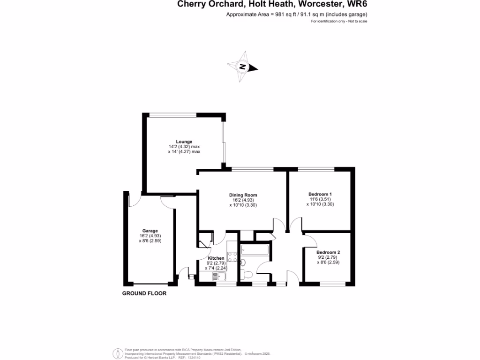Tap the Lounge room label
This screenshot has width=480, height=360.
click(x=184, y=142)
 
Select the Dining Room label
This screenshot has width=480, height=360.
click(x=243, y=195)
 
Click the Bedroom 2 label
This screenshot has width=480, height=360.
click(x=329, y=252)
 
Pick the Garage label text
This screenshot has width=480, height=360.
click(x=150, y=231)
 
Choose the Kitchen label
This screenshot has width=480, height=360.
click(x=216, y=258)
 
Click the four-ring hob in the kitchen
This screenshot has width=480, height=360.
click(x=232, y=257)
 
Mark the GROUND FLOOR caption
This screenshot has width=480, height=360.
click(x=144, y=293)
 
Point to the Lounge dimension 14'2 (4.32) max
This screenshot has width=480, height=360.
click(x=184, y=147)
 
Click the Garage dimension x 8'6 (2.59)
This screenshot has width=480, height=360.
click(x=150, y=240)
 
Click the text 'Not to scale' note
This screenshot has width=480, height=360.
click(x=357, y=22)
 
